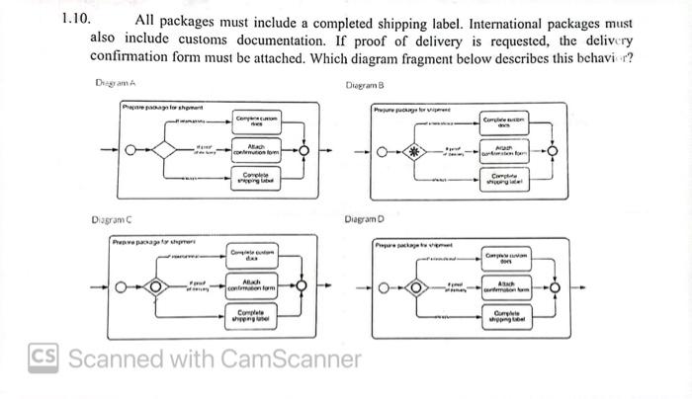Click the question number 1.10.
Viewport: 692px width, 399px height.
pos(75,19)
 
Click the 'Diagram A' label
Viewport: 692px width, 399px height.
pos(115,84)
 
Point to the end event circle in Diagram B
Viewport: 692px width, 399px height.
pos(555,151)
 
